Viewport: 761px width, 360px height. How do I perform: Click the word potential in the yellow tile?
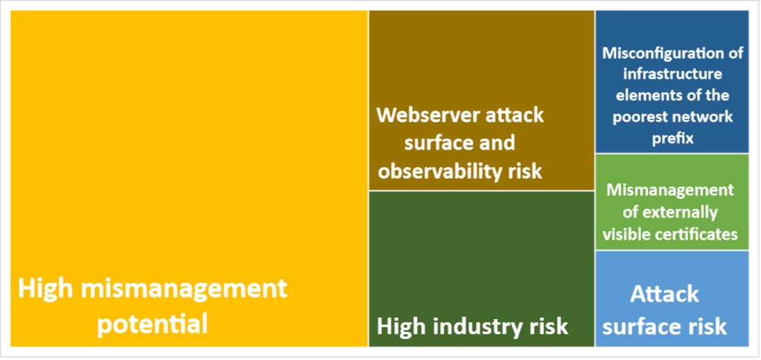pyautogui.click(x=152, y=323)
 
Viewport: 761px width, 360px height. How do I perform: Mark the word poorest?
pyautogui.click(x=643, y=116)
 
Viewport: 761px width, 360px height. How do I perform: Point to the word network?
pyautogui.click(x=706, y=116)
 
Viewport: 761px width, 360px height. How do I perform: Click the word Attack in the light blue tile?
pyautogui.click(x=664, y=295)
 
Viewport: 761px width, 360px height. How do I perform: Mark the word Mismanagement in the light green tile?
pyautogui.click(x=670, y=190)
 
